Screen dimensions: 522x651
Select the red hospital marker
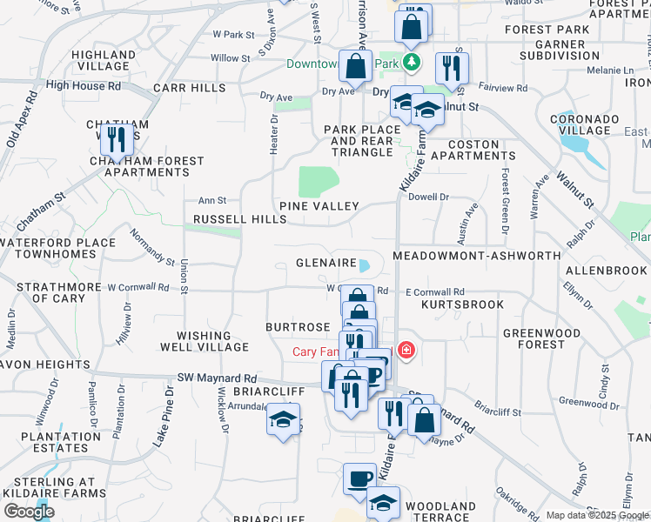(405, 351)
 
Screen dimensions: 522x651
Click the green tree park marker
(411, 63)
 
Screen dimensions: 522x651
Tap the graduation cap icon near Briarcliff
(282, 419)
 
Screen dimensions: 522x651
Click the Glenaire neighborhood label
(326, 262)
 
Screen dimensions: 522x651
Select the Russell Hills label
(239, 220)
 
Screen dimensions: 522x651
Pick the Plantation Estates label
(50, 442)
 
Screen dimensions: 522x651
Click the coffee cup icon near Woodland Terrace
(359, 478)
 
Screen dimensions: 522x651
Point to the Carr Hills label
(189, 88)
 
